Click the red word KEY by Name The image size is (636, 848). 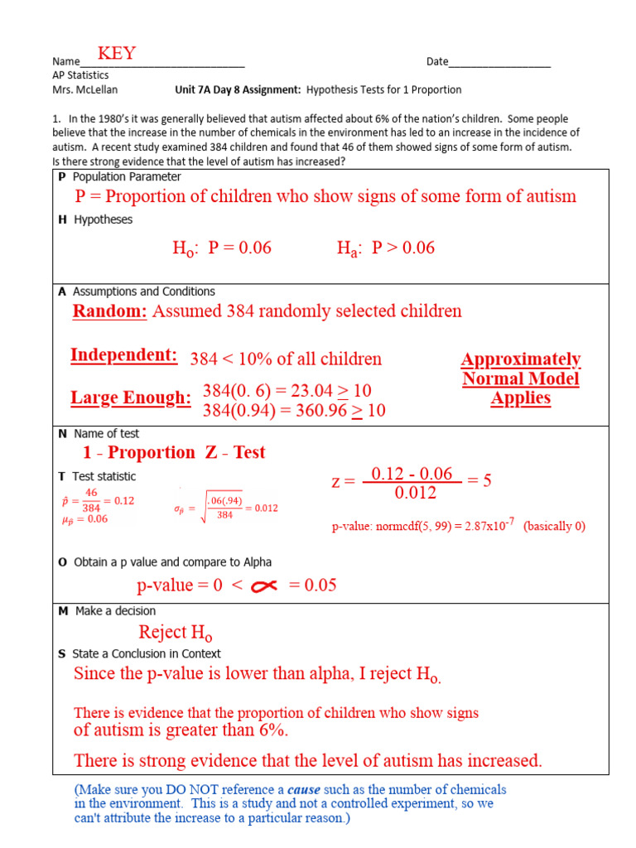[x=117, y=54]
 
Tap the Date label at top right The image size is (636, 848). [x=437, y=62]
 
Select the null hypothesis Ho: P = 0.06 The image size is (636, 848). [x=222, y=248]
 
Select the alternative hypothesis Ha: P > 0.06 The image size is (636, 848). [x=385, y=248]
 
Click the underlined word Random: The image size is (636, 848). [x=110, y=311]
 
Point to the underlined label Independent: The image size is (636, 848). [x=124, y=355]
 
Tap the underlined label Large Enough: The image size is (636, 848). [x=131, y=398]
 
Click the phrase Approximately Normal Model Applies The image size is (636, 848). [x=520, y=378]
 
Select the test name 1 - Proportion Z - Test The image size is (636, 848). [x=174, y=452]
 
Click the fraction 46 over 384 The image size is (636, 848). [x=91, y=501]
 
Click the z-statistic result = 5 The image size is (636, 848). [x=479, y=481]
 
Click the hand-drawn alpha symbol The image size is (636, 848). [x=263, y=586]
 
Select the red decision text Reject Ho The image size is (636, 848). [x=176, y=634]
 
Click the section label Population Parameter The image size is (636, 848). [x=127, y=177]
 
